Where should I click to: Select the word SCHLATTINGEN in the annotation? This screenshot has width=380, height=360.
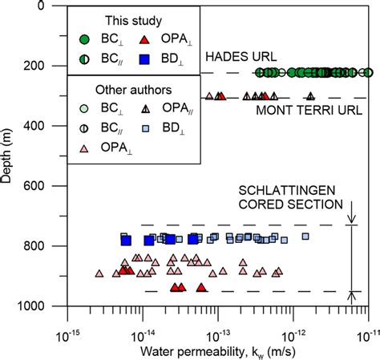coord(281,193)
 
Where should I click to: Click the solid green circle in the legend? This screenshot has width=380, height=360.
coord(86,38)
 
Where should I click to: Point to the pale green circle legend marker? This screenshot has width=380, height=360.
coord(86,107)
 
